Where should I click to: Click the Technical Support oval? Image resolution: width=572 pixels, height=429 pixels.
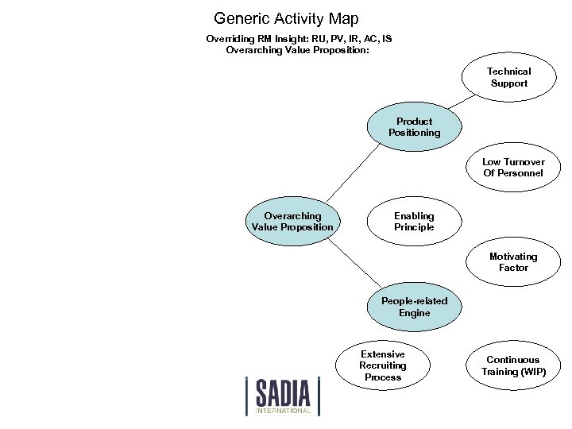(x=508, y=77)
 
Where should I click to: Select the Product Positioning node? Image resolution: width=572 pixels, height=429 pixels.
(x=414, y=127)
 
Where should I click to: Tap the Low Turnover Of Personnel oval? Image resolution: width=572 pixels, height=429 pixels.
(x=512, y=168)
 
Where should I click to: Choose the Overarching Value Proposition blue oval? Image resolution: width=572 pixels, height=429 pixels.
(x=292, y=222)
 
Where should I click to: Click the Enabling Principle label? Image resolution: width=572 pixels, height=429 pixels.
(x=414, y=222)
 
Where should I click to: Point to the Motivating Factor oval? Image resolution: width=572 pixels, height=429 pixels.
(x=512, y=262)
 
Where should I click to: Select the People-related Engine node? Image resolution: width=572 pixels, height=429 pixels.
(x=414, y=307)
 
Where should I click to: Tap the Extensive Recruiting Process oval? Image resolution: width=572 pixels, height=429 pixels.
(x=382, y=365)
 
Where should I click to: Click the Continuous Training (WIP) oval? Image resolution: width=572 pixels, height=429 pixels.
(x=513, y=365)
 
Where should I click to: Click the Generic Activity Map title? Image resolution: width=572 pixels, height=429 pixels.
(x=286, y=18)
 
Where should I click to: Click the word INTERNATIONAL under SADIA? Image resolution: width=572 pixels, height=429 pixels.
(x=284, y=411)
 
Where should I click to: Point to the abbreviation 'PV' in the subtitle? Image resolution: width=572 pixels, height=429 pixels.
(x=330, y=38)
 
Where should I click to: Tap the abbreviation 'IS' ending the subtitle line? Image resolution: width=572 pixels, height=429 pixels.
(x=386, y=38)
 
